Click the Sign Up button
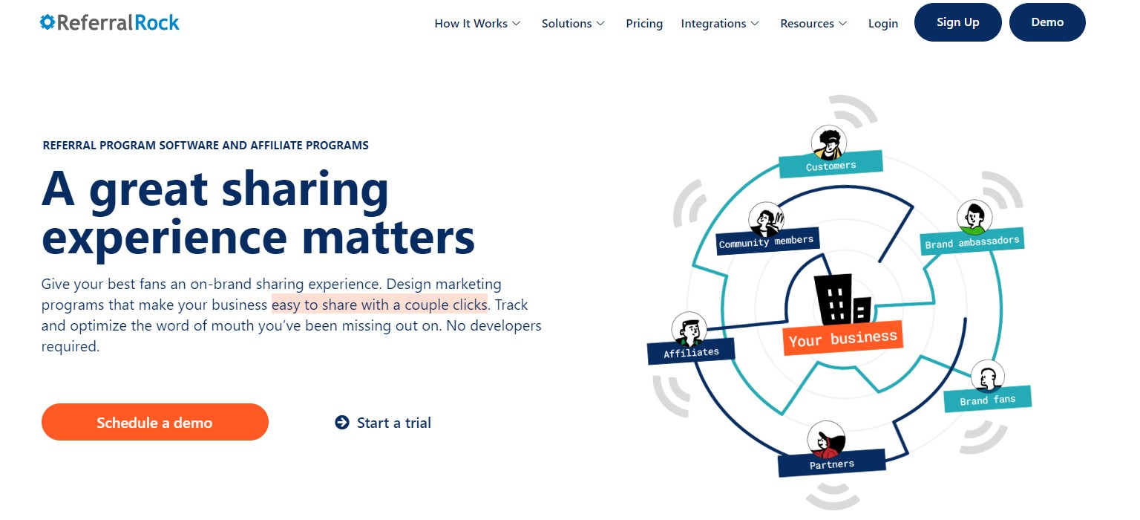[x=958, y=22]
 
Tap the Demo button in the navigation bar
[x=1047, y=22]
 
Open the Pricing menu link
[x=644, y=24]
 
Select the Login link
[x=883, y=24]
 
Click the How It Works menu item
[x=477, y=24]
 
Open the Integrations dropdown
[x=720, y=24]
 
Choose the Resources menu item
[x=813, y=24]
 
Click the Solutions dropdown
[x=573, y=24]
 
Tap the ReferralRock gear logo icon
[x=47, y=22]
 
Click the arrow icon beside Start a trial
[x=342, y=422]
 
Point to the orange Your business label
[x=843, y=338]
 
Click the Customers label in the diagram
[x=831, y=164]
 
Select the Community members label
[x=767, y=241]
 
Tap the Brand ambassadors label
[x=972, y=241]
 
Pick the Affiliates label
[x=691, y=352]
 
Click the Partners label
[x=832, y=464]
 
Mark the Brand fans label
[x=988, y=400]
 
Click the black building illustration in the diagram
[x=842, y=300]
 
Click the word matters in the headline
[x=388, y=238]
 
